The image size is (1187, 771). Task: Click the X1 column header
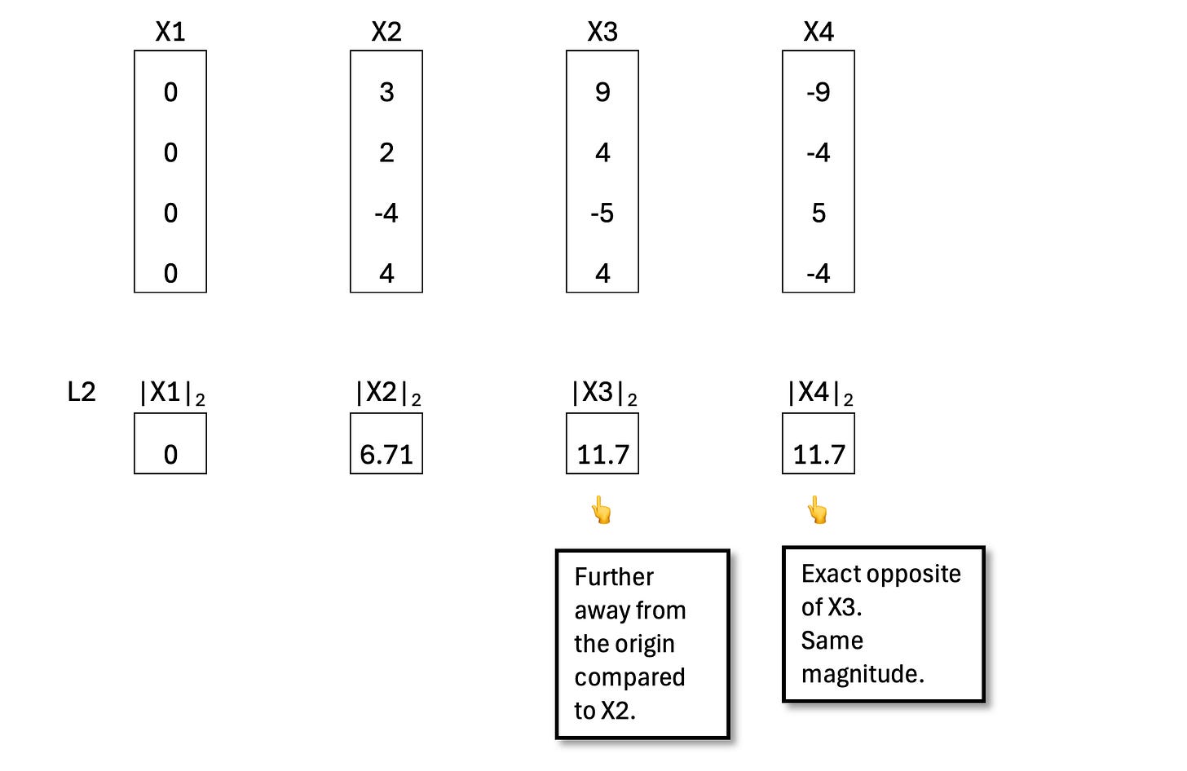pos(170,32)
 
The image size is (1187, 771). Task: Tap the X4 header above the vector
pos(819,32)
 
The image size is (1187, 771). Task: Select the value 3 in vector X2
pos(386,92)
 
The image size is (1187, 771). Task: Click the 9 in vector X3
pos(602,92)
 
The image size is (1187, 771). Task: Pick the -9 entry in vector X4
pos(819,92)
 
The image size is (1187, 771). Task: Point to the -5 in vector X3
pos(602,214)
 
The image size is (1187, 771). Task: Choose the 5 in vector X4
pos(819,214)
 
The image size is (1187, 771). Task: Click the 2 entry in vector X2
pos(386,152)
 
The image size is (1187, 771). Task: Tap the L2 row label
pos(82,392)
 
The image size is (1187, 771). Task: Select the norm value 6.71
pos(386,455)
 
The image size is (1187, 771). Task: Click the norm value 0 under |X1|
pos(170,455)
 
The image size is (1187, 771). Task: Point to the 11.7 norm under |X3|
pos(602,455)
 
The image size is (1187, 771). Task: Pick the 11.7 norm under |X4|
pos(819,455)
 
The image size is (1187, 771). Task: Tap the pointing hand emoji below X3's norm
pos(602,511)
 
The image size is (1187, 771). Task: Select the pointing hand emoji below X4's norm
pos(818,511)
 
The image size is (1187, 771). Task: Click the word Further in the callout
pos(614,577)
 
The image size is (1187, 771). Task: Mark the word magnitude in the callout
pos(861,674)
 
